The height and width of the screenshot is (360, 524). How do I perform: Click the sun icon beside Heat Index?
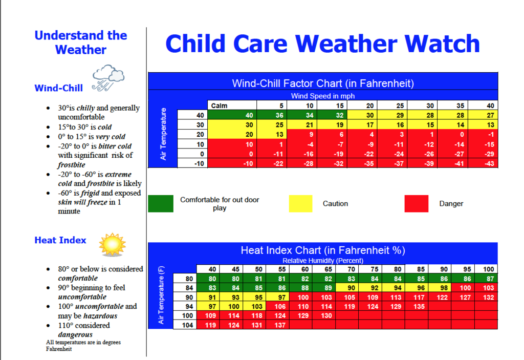tap(112, 244)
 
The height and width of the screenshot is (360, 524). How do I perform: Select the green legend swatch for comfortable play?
tap(161, 203)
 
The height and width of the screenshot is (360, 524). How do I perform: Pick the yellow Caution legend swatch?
tap(300, 203)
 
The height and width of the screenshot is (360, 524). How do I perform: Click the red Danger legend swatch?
tap(416, 203)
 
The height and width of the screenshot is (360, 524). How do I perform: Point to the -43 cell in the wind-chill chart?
tap(489, 163)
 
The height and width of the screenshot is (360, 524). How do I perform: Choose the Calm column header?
tap(220, 106)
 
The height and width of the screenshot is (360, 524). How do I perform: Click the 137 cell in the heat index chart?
tap(280, 325)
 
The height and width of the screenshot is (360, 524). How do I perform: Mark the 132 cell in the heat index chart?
tap(488, 297)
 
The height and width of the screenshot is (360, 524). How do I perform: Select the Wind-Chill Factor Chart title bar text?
tap(322, 83)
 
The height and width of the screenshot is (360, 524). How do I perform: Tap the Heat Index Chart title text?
tap(322, 250)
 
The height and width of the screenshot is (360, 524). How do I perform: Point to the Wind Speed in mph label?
tap(322, 96)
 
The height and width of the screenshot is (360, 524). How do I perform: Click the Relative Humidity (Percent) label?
tap(322, 261)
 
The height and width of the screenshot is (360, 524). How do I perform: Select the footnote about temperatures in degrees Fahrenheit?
tap(83, 346)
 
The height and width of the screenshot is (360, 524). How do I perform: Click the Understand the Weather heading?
tap(80, 43)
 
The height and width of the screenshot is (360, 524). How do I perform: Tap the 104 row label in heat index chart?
tap(188, 325)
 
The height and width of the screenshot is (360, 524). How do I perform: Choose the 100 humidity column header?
tap(488, 269)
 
